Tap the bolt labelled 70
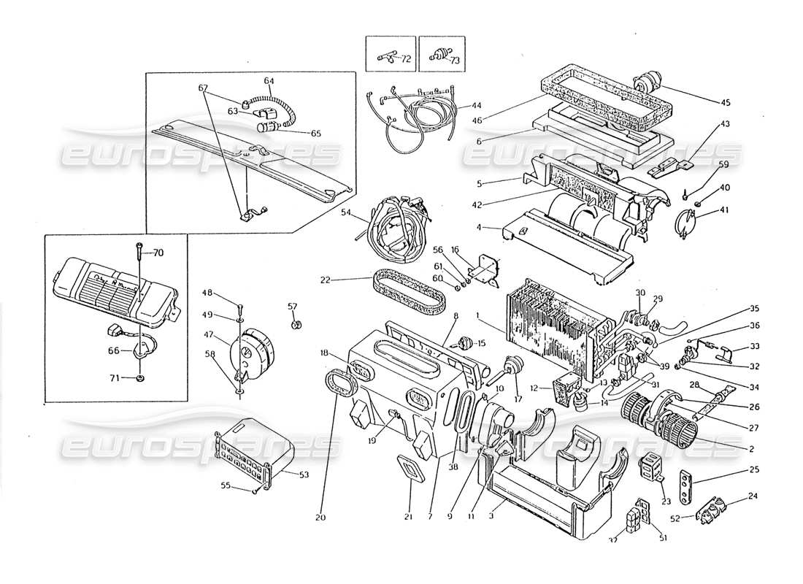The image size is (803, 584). [x=138, y=253]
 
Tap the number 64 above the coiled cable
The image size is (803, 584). [x=269, y=80]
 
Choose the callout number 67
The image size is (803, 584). [x=204, y=88]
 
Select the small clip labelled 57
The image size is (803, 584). [x=295, y=324]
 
